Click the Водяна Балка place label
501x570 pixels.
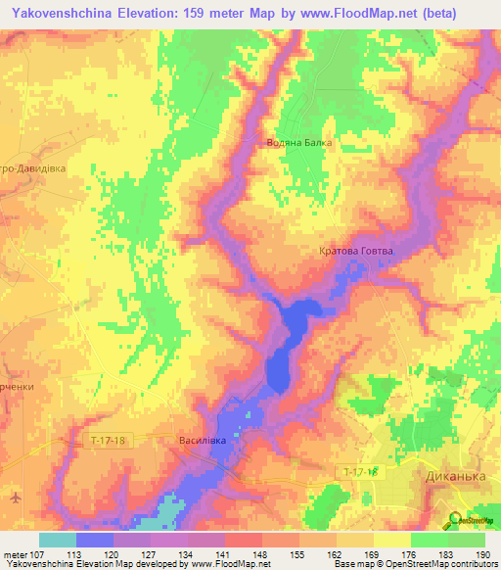tap(299, 142)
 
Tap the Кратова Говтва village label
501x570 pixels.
tap(355, 251)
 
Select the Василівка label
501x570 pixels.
tap(203, 441)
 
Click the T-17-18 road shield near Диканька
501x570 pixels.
tap(363, 473)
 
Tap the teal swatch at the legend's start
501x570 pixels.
tap(58, 540)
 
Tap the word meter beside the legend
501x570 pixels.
tap(16, 554)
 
